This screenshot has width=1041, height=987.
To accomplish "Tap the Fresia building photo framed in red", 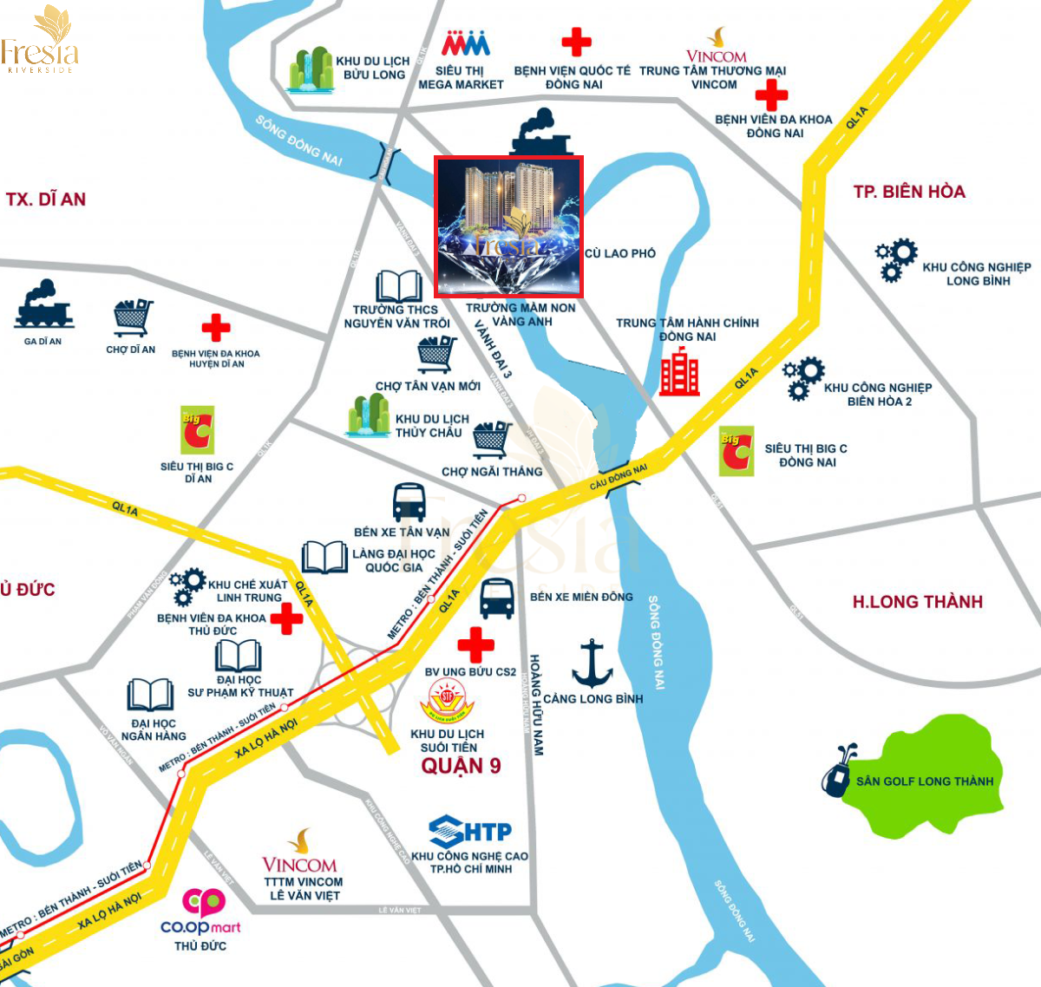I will [509, 226].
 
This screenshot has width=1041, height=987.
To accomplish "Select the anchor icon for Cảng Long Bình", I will [593, 663].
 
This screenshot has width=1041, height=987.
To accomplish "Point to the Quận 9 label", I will [461, 766].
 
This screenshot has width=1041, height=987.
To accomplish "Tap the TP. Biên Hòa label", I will [909, 192].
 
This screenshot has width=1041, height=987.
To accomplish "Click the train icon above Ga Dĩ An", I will [43, 304].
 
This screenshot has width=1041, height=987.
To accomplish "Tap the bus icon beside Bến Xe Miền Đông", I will [497, 599].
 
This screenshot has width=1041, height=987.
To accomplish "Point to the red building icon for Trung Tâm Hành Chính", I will [679, 372].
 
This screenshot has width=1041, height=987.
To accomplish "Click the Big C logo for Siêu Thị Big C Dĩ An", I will [197, 430].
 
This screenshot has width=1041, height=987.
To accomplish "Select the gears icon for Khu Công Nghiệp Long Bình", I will [896, 259].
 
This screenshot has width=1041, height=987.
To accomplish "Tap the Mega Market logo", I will [466, 44].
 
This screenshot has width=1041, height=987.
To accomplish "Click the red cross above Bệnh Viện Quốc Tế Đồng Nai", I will [576, 42].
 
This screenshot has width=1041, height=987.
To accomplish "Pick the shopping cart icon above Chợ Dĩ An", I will [133, 318].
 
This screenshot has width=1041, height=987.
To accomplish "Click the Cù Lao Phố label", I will [620, 253].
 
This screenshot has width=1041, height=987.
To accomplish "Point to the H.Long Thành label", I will [917, 602].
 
